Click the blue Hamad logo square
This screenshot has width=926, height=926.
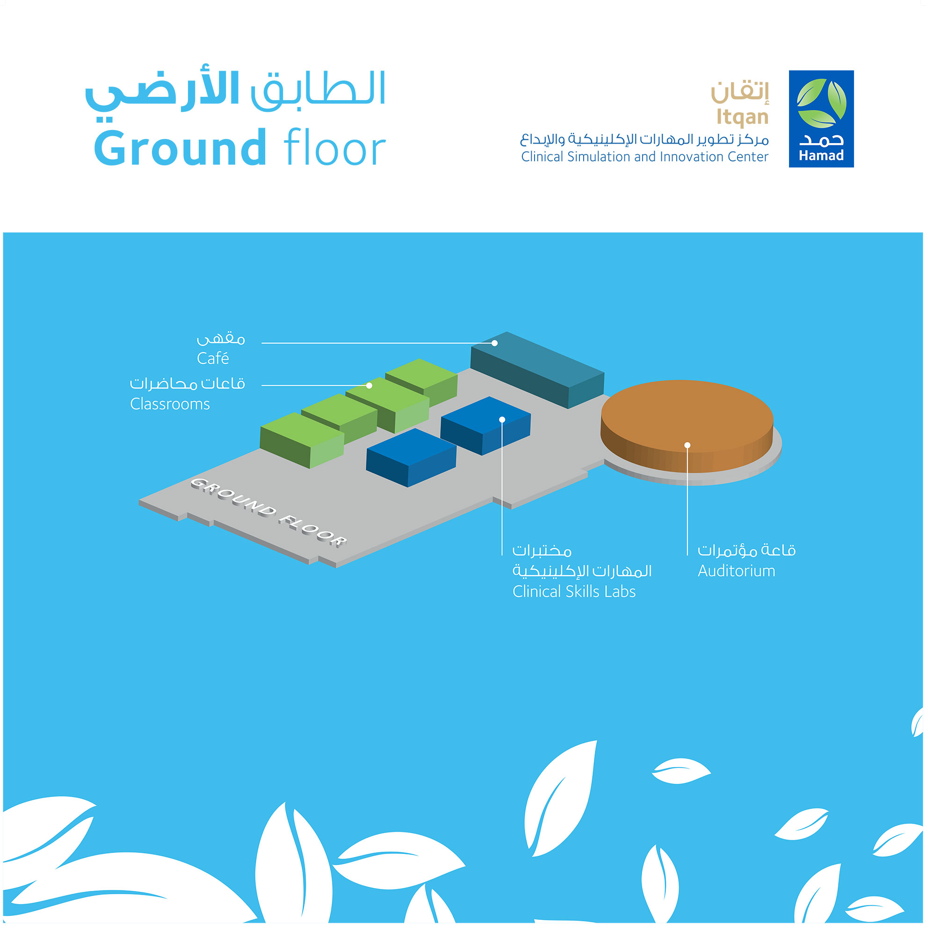[821, 119]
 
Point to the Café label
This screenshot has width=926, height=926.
[213, 358]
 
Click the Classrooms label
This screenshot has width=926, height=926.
[170, 404]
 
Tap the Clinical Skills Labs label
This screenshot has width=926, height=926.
[574, 592]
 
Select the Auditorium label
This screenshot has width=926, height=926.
[736, 571]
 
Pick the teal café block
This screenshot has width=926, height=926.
[537, 370]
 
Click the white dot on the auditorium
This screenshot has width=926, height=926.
[687, 445]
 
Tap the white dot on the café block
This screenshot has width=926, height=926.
[495, 343]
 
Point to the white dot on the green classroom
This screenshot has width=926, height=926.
[369, 385]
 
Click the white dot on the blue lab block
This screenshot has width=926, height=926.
[502, 420]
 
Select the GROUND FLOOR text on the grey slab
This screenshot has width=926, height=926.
[268, 513]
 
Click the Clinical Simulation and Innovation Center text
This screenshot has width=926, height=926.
[644, 157]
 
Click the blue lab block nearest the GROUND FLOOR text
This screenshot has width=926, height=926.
[411, 458]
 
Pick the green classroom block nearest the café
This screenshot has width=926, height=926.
[421, 383]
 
